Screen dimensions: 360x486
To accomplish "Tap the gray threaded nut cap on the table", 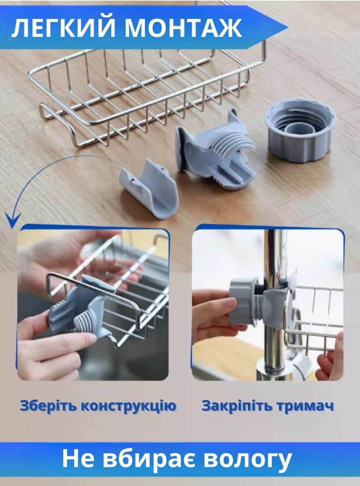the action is click(300, 129).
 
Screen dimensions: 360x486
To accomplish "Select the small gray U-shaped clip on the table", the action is click(149, 189).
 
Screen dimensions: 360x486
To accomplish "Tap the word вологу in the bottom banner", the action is click(249, 460).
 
